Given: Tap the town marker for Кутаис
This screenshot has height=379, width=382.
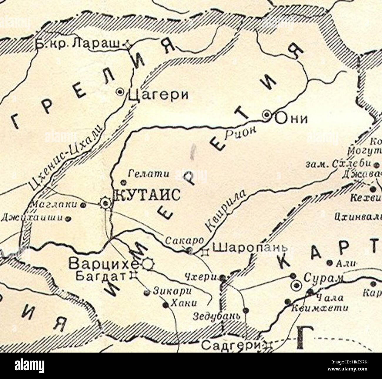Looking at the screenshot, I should [105, 203].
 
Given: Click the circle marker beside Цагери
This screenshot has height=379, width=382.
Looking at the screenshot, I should [120, 92].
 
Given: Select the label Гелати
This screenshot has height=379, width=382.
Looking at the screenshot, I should [149, 174].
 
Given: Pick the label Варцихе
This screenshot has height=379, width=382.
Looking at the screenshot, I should [104, 264].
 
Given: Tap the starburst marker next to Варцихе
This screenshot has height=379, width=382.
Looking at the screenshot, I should [148, 264].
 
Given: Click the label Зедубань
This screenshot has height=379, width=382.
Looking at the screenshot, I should [217, 317].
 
